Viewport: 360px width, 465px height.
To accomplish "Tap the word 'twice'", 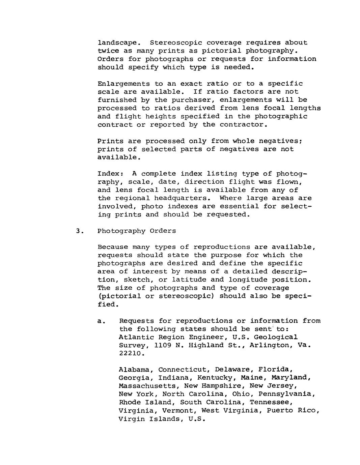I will (x=108, y=51).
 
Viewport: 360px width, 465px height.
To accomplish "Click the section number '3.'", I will (x=79, y=231).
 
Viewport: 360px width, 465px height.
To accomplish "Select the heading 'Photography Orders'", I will (x=137, y=231).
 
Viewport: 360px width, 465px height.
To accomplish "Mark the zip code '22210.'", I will (x=132, y=354).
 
